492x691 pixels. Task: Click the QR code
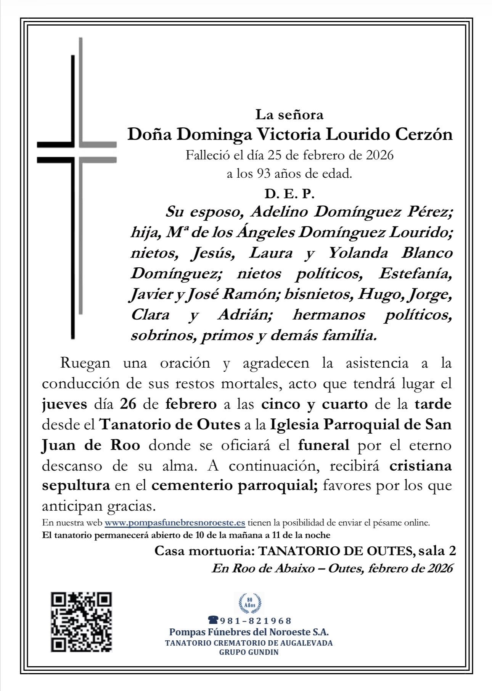[x=81, y=622]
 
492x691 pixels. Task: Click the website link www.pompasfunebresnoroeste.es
[x=175, y=522]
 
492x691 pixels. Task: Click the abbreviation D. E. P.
[x=289, y=194]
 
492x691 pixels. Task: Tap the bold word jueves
[x=64, y=404]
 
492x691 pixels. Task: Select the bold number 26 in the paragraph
[x=128, y=404]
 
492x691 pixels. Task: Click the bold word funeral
[x=324, y=445]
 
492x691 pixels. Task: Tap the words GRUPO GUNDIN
[x=249, y=652]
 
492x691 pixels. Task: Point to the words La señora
[x=289, y=114]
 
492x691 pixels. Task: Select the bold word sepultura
[x=76, y=485]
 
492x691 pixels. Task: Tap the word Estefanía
[x=415, y=273]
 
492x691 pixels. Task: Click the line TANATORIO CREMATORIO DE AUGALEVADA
[x=249, y=643]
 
